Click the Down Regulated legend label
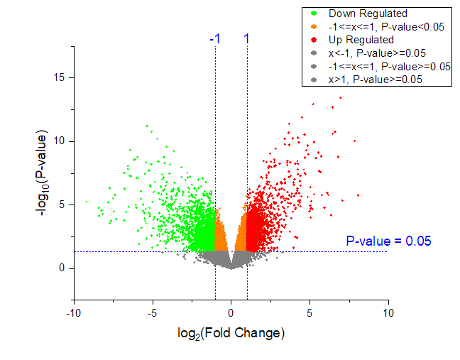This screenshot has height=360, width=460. (368, 13)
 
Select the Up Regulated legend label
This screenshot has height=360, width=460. (361, 40)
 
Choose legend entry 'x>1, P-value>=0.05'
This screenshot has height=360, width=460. (376, 80)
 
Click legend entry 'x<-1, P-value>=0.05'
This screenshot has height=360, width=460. (376, 53)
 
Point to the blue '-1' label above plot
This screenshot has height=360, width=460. (214, 39)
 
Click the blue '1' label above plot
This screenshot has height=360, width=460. (246, 39)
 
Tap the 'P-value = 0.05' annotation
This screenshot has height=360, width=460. (388, 241)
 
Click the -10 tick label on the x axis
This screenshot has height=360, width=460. (72, 312)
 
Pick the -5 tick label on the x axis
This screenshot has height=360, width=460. (151, 312)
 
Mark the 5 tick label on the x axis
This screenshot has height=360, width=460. (310, 312)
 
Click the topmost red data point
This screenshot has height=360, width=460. (341, 98)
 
